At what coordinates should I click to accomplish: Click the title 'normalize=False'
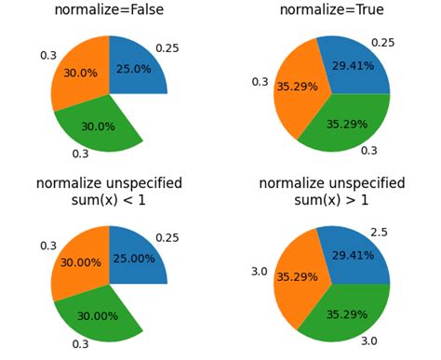tap(109, 10)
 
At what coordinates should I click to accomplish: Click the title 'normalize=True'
tap(331, 10)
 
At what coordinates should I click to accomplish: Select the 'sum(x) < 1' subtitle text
tap(109, 201)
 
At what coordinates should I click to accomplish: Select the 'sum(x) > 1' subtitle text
tap(331, 201)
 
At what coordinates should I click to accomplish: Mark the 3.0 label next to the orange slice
tap(260, 272)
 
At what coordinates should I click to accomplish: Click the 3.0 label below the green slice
tap(369, 341)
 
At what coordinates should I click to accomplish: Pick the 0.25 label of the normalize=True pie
tap(382, 43)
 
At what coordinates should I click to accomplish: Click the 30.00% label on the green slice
tap(97, 315)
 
